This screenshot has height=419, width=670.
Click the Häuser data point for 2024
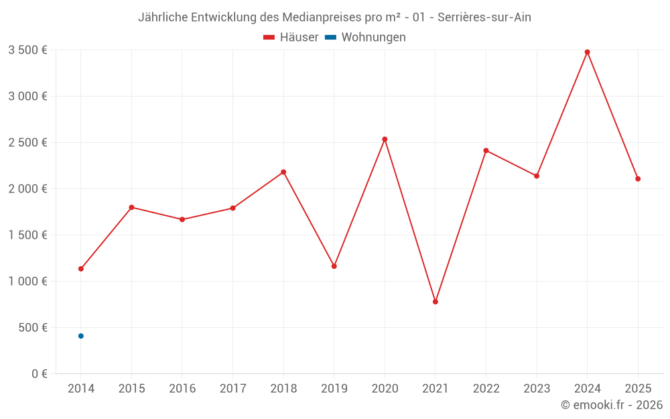[587, 52]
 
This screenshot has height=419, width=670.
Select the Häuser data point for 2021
[435, 302]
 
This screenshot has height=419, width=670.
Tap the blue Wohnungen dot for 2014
[81, 336]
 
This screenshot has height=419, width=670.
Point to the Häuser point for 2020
[385, 139]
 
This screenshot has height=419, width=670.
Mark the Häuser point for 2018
[283, 172]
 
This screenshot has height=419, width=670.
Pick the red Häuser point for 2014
[81, 269]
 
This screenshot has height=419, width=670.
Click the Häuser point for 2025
[638, 179]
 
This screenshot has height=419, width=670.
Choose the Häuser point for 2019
[334, 266]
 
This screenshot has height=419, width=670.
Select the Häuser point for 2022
[486, 150]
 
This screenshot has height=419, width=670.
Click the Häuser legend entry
[291, 38]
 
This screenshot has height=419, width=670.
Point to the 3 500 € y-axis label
[27, 50]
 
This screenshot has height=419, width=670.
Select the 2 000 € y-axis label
[27, 188]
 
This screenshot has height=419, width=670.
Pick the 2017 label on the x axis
[232, 388]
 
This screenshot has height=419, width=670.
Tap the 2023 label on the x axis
[537, 388]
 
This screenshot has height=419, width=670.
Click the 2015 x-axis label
[131, 388]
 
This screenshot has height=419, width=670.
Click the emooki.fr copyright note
[612, 405]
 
